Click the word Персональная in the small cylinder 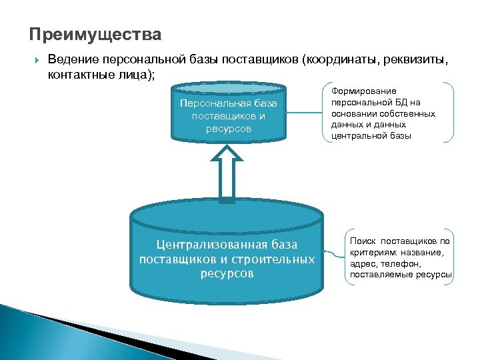[x=216, y=103]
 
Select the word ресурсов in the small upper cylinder [x=229, y=128]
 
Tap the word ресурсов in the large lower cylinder [x=227, y=273]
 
